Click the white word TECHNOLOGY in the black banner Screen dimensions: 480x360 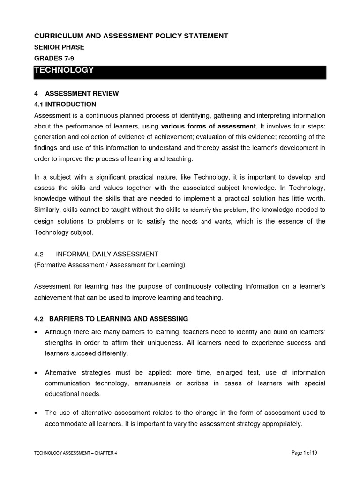tap(64, 70)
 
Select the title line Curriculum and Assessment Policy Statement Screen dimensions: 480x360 tap(125, 36)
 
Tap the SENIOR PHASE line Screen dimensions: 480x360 tap(59, 47)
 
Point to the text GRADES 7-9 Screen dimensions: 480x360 tap(54, 59)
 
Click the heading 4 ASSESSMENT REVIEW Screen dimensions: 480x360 tap(76, 93)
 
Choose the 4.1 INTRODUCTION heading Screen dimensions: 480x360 tap(65, 104)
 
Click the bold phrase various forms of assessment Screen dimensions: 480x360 tap(209, 126)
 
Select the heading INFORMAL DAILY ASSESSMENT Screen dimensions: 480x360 tap(107, 254)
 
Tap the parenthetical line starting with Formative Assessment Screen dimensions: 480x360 tap(110, 265)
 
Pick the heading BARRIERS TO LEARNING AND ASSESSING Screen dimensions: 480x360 tap(117, 319)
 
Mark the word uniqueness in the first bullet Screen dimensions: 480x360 tap(159, 343)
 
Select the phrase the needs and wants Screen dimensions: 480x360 tap(200, 222)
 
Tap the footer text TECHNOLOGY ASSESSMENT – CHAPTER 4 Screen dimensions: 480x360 tap(75, 453)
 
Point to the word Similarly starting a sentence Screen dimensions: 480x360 tap(48, 210)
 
